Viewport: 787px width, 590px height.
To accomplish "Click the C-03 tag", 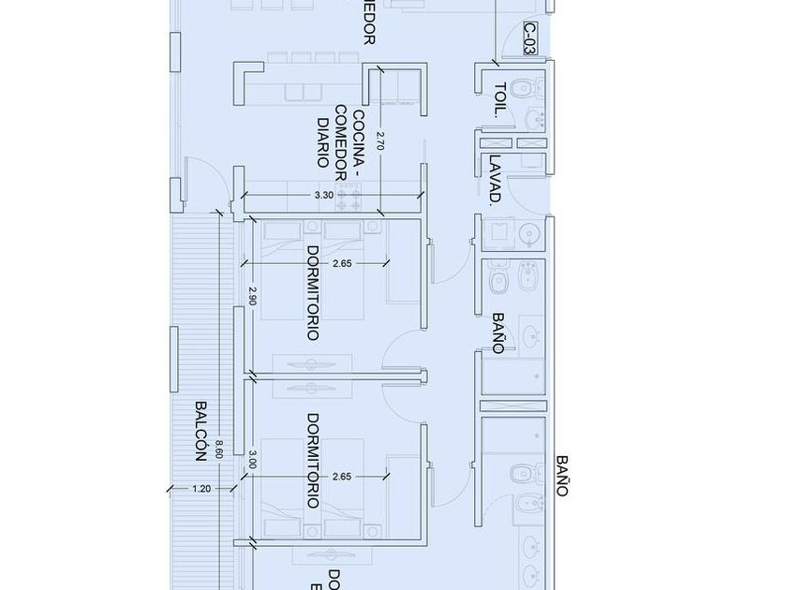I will tap(530, 38).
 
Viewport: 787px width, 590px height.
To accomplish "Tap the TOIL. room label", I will tap(499, 98).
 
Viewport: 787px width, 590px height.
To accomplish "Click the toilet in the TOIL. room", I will tap(525, 90).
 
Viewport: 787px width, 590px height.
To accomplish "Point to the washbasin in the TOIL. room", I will tap(535, 119).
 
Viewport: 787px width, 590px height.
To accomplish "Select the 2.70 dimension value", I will tap(379, 140).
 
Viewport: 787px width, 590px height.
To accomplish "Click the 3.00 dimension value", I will tap(252, 461).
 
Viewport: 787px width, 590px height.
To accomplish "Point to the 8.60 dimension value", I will tap(219, 450).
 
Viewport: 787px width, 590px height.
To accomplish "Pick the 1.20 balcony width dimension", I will tap(200, 489).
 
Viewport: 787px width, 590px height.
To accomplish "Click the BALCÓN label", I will tap(200, 432).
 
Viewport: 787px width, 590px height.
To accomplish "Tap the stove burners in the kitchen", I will tap(349, 196).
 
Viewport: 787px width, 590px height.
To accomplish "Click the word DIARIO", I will tap(322, 140).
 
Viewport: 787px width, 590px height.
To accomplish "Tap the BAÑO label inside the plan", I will tap(497, 332).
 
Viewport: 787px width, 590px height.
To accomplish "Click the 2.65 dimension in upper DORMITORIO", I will tap(342, 264).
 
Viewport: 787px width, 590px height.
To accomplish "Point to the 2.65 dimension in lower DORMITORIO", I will tap(342, 477).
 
